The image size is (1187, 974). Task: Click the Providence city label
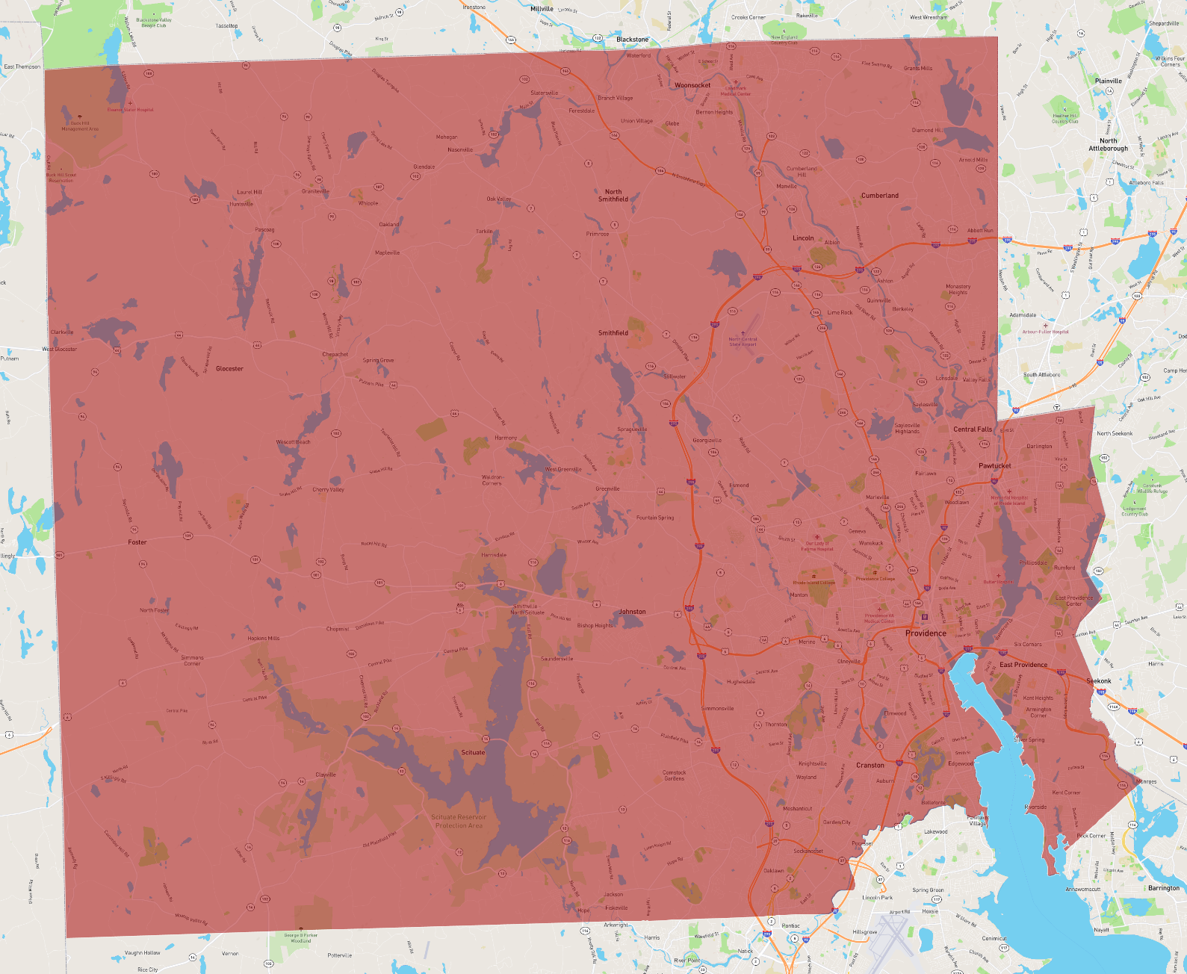[x=926, y=633]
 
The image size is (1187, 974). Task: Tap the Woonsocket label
[x=692, y=85]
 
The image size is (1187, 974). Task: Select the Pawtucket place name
[x=994, y=465]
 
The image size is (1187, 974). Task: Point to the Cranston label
[x=870, y=765]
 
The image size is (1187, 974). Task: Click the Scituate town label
[x=473, y=752]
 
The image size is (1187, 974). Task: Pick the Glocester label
[x=229, y=368]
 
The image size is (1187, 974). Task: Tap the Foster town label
[x=137, y=542]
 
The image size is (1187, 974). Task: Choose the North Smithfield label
[x=613, y=196]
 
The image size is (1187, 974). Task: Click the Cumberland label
[x=880, y=196]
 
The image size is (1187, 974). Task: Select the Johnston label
[x=632, y=612]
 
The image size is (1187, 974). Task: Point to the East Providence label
[x=1023, y=664]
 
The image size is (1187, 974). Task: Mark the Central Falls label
[x=973, y=429]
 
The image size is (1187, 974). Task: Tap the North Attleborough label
[x=1109, y=145]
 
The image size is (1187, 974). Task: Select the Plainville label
[x=1109, y=81]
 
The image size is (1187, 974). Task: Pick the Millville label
[x=542, y=9]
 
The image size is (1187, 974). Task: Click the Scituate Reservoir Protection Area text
[x=459, y=821]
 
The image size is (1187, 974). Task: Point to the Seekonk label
[x=1099, y=680]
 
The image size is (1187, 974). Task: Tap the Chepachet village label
[x=335, y=354]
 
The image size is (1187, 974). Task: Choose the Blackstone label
[x=632, y=40]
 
